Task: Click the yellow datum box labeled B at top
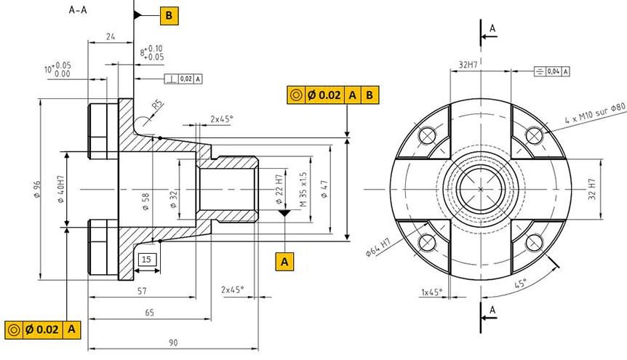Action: pos(169,16)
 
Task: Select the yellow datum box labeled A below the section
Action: pos(284,262)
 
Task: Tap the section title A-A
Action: pos(78,10)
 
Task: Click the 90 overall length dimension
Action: pos(173,343)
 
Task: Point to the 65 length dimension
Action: pos(149,313)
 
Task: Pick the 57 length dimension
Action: pos(142,291)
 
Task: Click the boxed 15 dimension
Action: pos(147,260)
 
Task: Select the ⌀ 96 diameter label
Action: pos(37,189)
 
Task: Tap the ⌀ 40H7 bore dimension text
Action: pos(60,189)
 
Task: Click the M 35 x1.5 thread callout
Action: pos(303,189)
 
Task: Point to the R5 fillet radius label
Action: pos(158,105)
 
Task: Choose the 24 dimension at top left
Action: pos(111,37)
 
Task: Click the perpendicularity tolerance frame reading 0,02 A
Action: pos(183,79)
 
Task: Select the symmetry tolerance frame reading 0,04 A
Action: pos(552,71)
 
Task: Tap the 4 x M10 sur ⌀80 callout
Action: pos(595,113)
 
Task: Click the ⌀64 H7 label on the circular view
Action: pos(378,247)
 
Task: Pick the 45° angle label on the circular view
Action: pos(520,284)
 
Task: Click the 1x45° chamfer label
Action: pos(432,292)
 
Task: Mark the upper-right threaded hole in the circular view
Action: pos(534,135)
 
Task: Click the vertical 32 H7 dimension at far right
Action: pos(592,189)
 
